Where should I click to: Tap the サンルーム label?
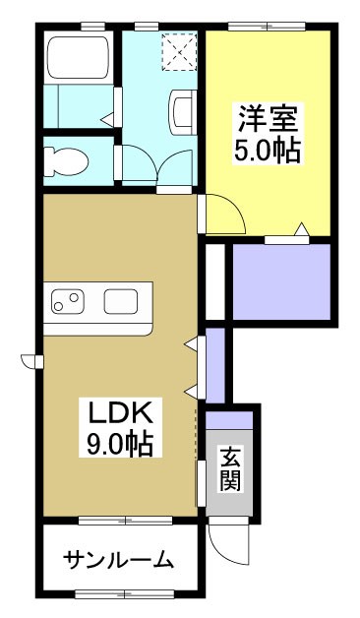pos(119,561)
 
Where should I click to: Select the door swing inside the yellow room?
pos(220,212)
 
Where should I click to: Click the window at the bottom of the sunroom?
pos(124,593)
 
